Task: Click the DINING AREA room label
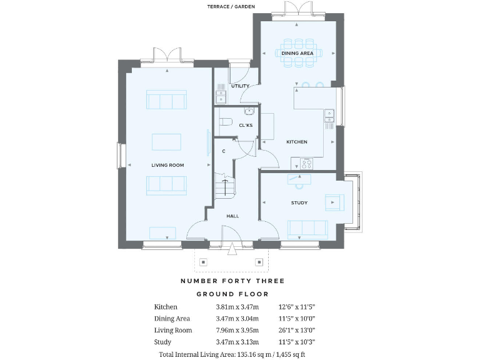pos(297,54)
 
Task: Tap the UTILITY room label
pos(240,86)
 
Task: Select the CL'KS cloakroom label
pos(246,126)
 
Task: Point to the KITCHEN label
pos(297,142)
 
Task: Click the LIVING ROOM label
pos(167,165)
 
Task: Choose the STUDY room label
pos(299,203)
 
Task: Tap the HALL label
pos(232,216)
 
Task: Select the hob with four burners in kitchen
pos(306,164)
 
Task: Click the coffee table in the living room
pos(166,142)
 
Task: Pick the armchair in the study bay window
pos(333,202)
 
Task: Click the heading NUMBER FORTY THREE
pos(232,281)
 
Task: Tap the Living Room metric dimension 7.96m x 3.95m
pos(237,331)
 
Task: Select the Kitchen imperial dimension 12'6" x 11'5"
pos(296,307)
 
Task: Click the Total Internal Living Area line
pos(232,354)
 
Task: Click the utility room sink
pos(221,96)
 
